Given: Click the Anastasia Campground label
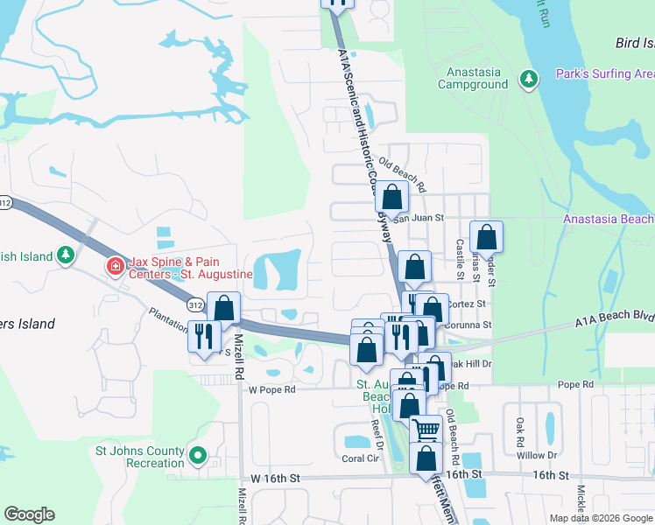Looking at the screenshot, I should pos(476,78).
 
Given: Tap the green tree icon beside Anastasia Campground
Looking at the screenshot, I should pos(528,80).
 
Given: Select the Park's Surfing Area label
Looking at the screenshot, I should pos(604,74).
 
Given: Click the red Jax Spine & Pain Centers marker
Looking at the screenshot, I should pos(114,265).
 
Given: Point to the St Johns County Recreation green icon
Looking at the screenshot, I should pos(198,455).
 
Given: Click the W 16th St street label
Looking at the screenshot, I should pos(275,478).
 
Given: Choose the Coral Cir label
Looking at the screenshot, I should pos(359,458).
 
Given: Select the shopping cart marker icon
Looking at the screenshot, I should pos(426,429).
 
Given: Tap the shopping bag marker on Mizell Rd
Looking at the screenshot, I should pos(224,308).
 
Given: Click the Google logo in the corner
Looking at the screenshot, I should pos(29,514).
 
